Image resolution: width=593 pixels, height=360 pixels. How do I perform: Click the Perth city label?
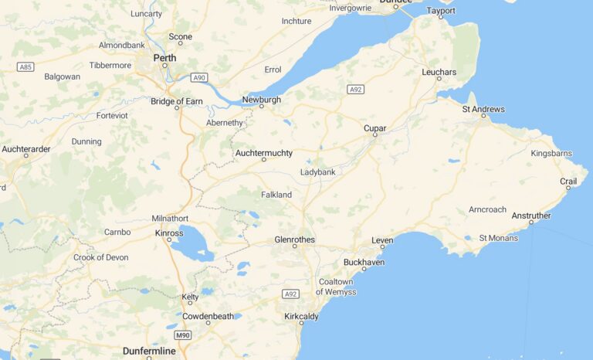tap(164, 58)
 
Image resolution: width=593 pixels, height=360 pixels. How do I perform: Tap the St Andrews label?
tap(483, 110)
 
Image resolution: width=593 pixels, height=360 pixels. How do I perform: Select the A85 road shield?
tap(25, 67)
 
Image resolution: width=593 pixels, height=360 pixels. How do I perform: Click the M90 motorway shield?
tap(182, 335)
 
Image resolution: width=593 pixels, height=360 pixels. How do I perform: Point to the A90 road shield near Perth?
tap(200, 77)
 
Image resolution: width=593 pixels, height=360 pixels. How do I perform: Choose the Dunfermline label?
tap(149, 352)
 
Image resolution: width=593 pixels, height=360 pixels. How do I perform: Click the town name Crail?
tap(568, 182)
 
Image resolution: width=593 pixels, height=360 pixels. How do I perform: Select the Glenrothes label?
tap(294, 239)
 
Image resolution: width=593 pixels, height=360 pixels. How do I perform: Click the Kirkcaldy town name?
tap(301, 317)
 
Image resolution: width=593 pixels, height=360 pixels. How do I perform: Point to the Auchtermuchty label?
tap(264, 153)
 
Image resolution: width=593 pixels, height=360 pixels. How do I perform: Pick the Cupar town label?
tap(374, 128)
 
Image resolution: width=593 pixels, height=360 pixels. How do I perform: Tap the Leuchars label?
tap(439, 72)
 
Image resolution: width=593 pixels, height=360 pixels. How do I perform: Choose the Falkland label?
tap(276, 195)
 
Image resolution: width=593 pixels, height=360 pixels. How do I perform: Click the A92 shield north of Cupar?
tap(355, 90)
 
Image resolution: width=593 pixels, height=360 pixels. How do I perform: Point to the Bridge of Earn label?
tap(177, 101)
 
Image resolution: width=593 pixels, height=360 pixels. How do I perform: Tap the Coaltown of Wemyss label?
tap(336, 287)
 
